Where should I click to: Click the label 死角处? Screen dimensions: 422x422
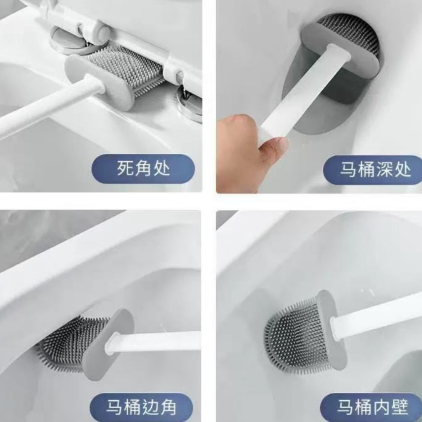pos(143,169)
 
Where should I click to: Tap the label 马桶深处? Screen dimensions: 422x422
pos(376,170)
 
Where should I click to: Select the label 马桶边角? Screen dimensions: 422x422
pos(141,407)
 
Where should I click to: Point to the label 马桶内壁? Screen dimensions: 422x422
pos(373,407)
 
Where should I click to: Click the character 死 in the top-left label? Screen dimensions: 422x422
pos(125,169)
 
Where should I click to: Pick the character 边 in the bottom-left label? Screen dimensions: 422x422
pos(150,407)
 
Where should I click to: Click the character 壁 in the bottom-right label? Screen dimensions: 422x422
pos(400,407)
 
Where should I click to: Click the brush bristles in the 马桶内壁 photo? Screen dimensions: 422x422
pos(298,334)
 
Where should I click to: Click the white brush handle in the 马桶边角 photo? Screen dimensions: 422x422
pos(153,342)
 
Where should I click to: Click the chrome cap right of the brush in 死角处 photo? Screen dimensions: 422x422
pos(190,104)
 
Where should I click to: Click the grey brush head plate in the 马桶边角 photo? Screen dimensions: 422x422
pos(109,345)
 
